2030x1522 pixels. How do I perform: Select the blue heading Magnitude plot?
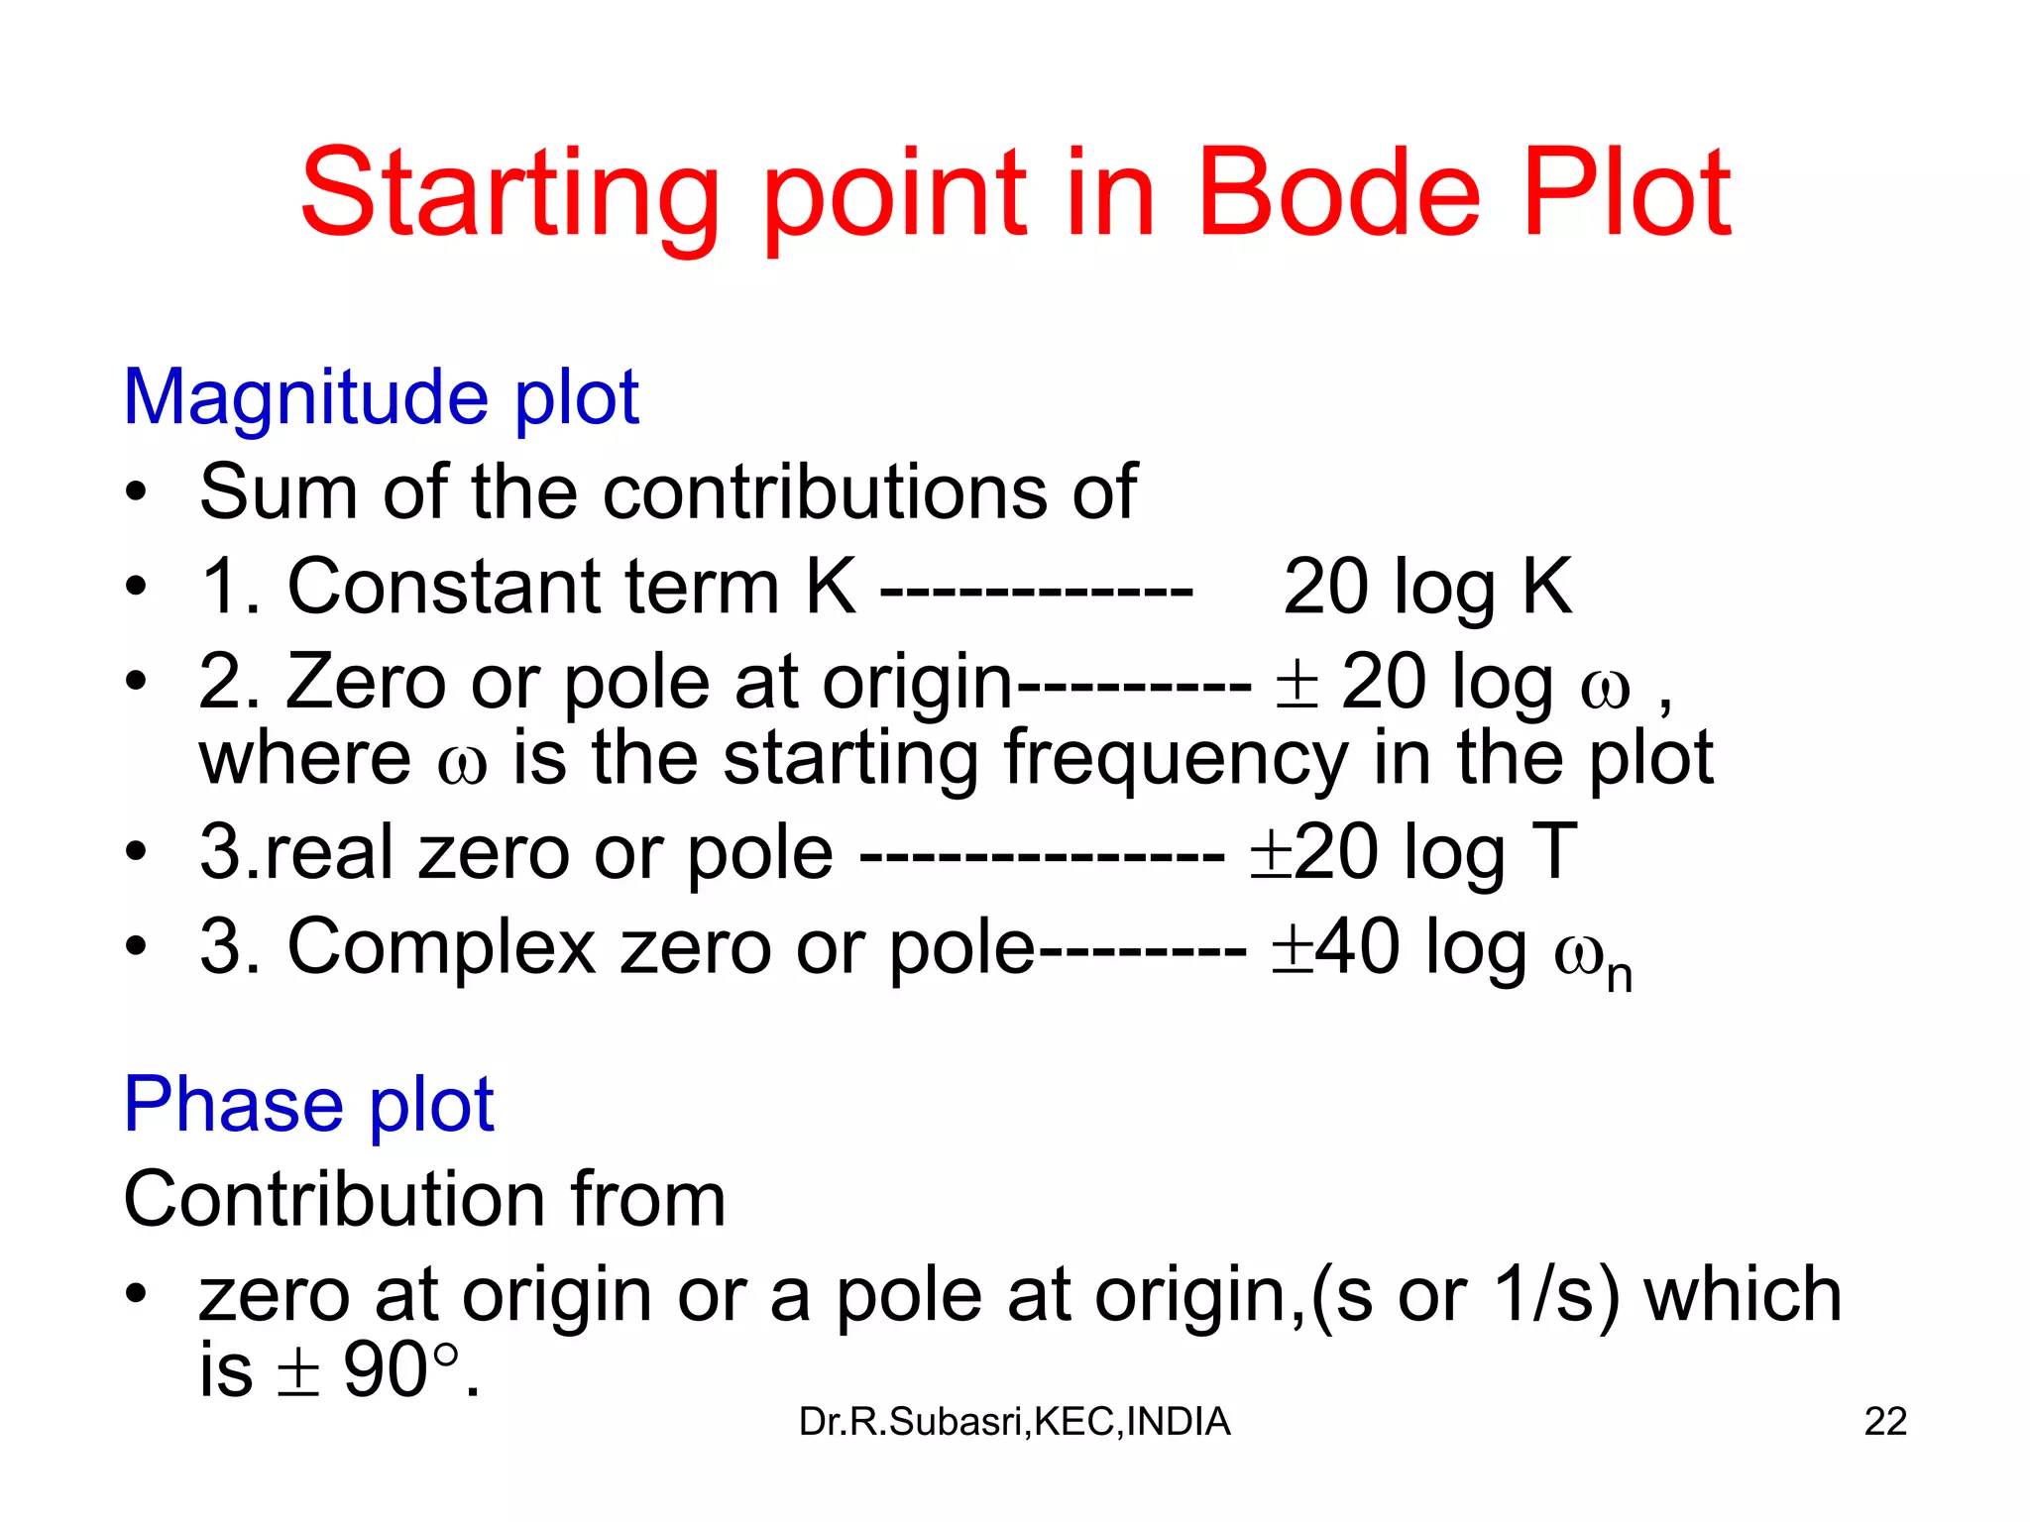tap(381, 397)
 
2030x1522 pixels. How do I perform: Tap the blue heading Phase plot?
tap(308, 1104)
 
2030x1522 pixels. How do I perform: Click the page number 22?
tap(1884, 1422)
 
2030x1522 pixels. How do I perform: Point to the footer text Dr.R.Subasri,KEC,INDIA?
tap(1014, 1422)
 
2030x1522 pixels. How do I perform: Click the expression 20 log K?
tap(1427, 587)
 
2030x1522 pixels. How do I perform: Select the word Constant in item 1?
tap(444, 587)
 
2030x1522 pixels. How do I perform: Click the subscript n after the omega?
tap(1620, 975)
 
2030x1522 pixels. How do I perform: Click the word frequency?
tap(1176, 759)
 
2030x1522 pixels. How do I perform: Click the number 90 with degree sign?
tap(396, 1370)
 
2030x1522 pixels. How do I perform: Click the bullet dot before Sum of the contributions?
tap(137, 491)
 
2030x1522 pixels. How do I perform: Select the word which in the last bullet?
tap(1743, 1295)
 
